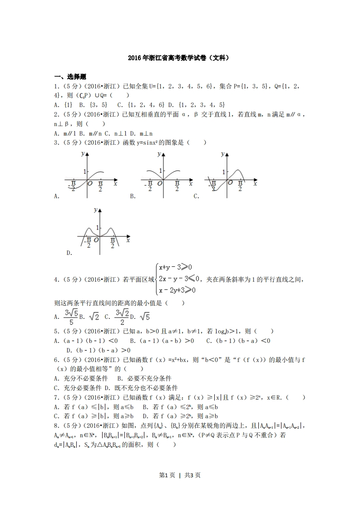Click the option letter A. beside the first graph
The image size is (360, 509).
click(57, 196)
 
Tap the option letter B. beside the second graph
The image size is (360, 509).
click(133, 196)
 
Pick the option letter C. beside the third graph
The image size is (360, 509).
click(197, 196)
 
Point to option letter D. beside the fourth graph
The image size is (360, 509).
click(69, 253)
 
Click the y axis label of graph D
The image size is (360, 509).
click(95, 210)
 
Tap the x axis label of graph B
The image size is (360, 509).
click(191, 183)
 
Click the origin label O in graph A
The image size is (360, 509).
click(91, 183)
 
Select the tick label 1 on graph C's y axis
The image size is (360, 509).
click(223, 171)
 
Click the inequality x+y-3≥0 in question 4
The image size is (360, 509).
click(175, 267)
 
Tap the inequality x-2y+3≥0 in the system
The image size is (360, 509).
click(177, 290)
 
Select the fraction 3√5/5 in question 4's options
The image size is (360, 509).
click(71, 316)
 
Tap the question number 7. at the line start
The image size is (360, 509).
click(56, 397)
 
